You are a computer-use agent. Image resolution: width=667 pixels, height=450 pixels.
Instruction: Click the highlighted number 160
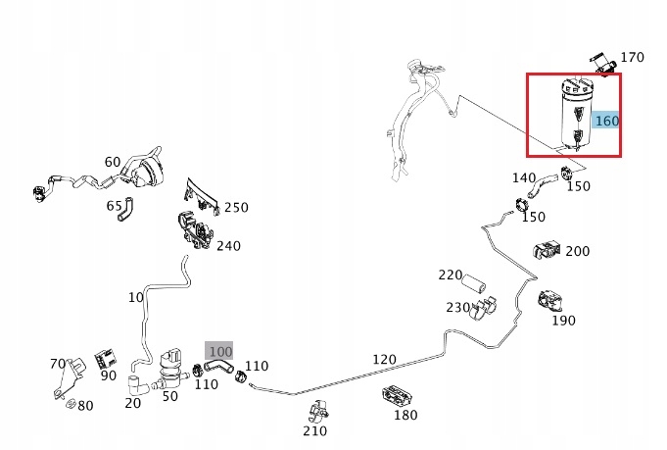tap(607, 121)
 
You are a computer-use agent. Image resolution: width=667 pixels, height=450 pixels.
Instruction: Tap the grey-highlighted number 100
tap(219, 350)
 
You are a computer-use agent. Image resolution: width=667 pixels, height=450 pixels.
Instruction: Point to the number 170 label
tap(632, 58)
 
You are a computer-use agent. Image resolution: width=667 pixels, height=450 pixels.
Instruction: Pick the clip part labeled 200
tap(545, 250)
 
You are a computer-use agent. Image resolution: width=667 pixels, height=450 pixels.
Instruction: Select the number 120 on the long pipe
tap(385, 360)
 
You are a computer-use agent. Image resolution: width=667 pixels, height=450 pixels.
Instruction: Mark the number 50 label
tap(169, 395)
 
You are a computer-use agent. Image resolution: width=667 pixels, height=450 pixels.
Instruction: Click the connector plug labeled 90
tap(106, 360)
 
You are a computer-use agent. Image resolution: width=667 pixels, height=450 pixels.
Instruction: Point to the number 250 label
tap(236, 207)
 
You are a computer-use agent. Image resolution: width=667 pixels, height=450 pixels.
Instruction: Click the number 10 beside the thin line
tap(135, 297)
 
